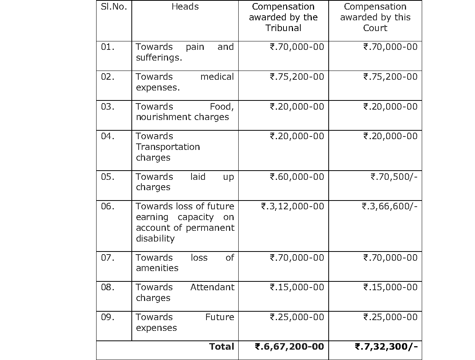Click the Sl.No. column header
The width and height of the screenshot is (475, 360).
[114, 7]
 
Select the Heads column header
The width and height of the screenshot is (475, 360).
[185, 7]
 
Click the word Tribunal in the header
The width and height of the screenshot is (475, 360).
[283, 28]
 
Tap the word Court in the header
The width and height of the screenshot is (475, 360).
[375, 28]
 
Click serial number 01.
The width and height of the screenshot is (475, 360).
[108, 47]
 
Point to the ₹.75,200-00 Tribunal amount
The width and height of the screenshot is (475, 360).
[297, 77]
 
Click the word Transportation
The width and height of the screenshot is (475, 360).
[168, 147]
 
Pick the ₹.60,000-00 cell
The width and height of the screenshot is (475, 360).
[297, 177]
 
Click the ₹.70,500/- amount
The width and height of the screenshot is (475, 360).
[394, 177]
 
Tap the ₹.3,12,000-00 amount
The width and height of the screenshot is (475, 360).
[292, 207]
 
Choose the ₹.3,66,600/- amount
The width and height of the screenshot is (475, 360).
[390, 207]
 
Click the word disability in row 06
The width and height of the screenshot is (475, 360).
[155, 238]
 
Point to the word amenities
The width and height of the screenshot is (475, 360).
[157, 268]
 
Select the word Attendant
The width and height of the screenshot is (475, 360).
[212, 288]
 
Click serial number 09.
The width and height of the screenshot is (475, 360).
[108, 317]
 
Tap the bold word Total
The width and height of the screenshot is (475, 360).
[221, 347]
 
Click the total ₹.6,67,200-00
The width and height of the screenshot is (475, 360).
[289, 347]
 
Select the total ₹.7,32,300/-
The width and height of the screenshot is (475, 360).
[386, 347]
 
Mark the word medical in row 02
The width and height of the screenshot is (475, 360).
[217, 77]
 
